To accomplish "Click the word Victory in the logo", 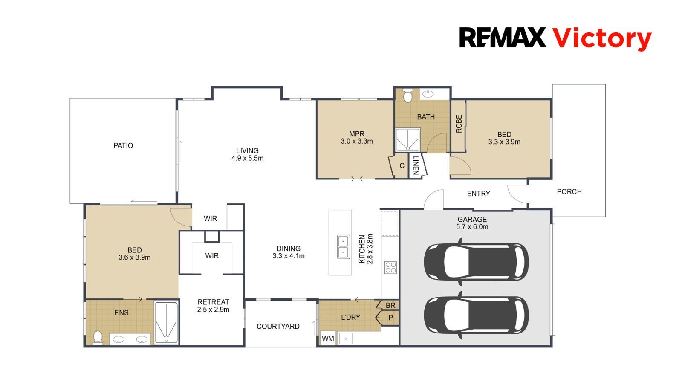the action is [602, 39].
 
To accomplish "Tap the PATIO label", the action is [123, 145].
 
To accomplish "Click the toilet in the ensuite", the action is [98, 337].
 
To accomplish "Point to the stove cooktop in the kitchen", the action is [390, 268].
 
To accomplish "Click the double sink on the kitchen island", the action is [343, 247].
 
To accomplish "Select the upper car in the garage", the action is [476, 262].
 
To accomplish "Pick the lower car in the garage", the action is [476, 315].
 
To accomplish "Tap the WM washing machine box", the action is [328, 339].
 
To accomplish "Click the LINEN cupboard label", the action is [416, 165].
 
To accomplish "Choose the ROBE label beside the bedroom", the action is [459, 124].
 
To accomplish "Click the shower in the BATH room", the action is [407, 139].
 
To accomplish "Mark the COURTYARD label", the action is [278, 326].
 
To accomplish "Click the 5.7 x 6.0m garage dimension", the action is [472, 227].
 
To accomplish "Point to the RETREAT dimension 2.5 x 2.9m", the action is [213, 310].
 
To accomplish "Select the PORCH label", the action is [569, 192].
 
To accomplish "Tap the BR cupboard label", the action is [390, 305].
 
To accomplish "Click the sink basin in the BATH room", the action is [428, 94].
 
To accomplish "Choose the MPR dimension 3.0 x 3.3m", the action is [356, 141].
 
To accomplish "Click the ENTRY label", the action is [479, 194].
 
